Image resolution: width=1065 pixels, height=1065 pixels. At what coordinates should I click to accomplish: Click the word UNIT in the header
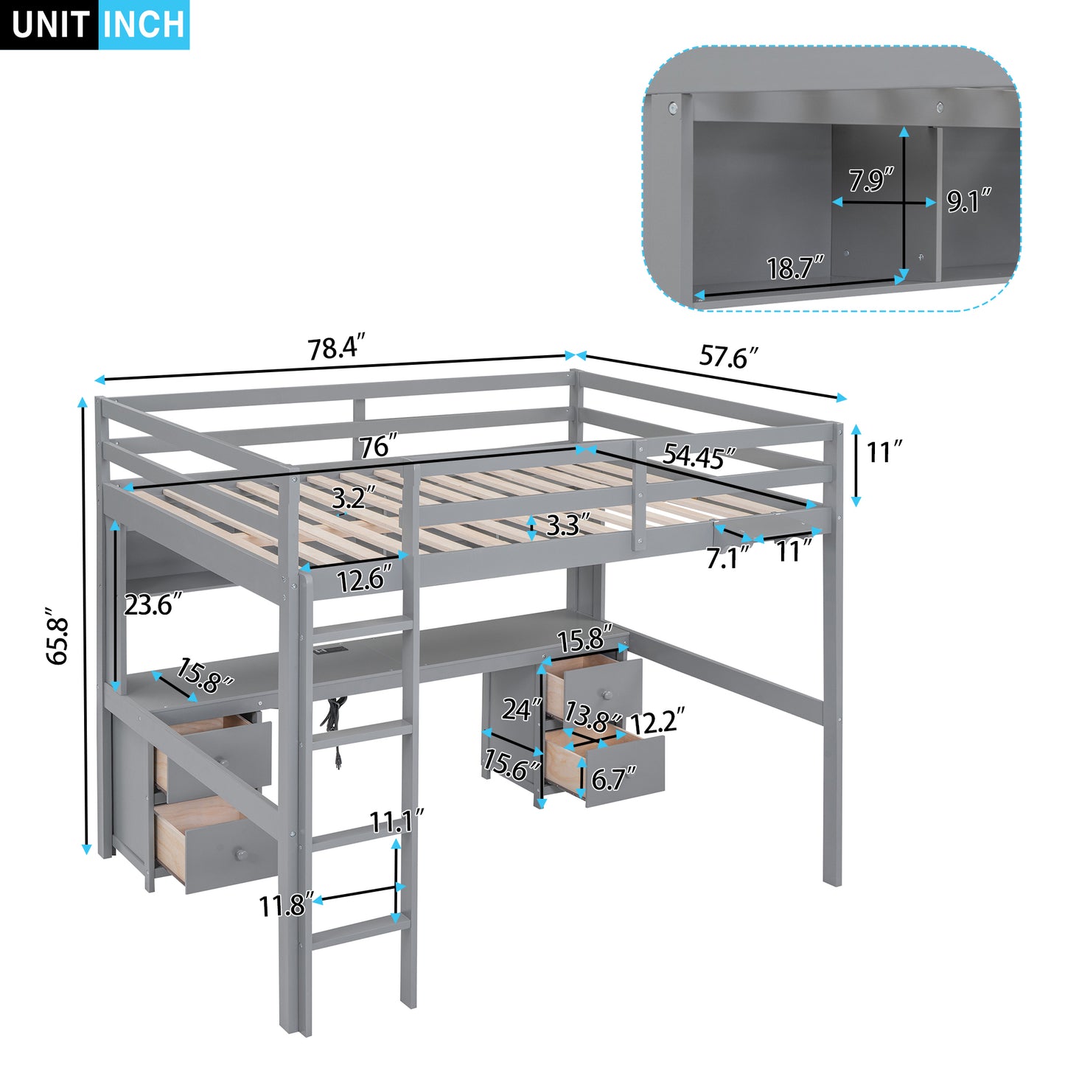50,24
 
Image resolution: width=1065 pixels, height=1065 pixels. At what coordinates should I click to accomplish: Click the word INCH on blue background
144,24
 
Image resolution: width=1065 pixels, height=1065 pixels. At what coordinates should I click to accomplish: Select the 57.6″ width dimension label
728,357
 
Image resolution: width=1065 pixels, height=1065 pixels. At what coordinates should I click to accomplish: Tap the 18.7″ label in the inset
795,268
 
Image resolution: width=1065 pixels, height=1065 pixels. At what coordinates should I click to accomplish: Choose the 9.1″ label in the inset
968,200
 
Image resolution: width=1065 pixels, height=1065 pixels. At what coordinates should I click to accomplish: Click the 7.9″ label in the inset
871,180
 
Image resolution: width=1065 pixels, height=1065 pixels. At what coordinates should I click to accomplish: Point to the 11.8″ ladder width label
287,905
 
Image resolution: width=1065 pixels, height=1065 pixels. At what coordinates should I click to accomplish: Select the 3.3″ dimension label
568,525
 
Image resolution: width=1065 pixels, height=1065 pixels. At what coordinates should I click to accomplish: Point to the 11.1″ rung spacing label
397,820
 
